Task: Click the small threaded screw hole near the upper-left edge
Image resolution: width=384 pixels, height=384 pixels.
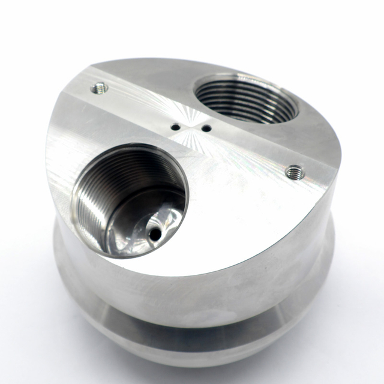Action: click(100, 89)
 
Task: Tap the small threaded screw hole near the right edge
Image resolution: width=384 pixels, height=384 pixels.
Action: click(295, 173)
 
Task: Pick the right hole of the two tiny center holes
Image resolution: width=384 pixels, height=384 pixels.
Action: click(206, 128)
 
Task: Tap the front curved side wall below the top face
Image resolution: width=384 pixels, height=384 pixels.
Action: click(198, 288)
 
